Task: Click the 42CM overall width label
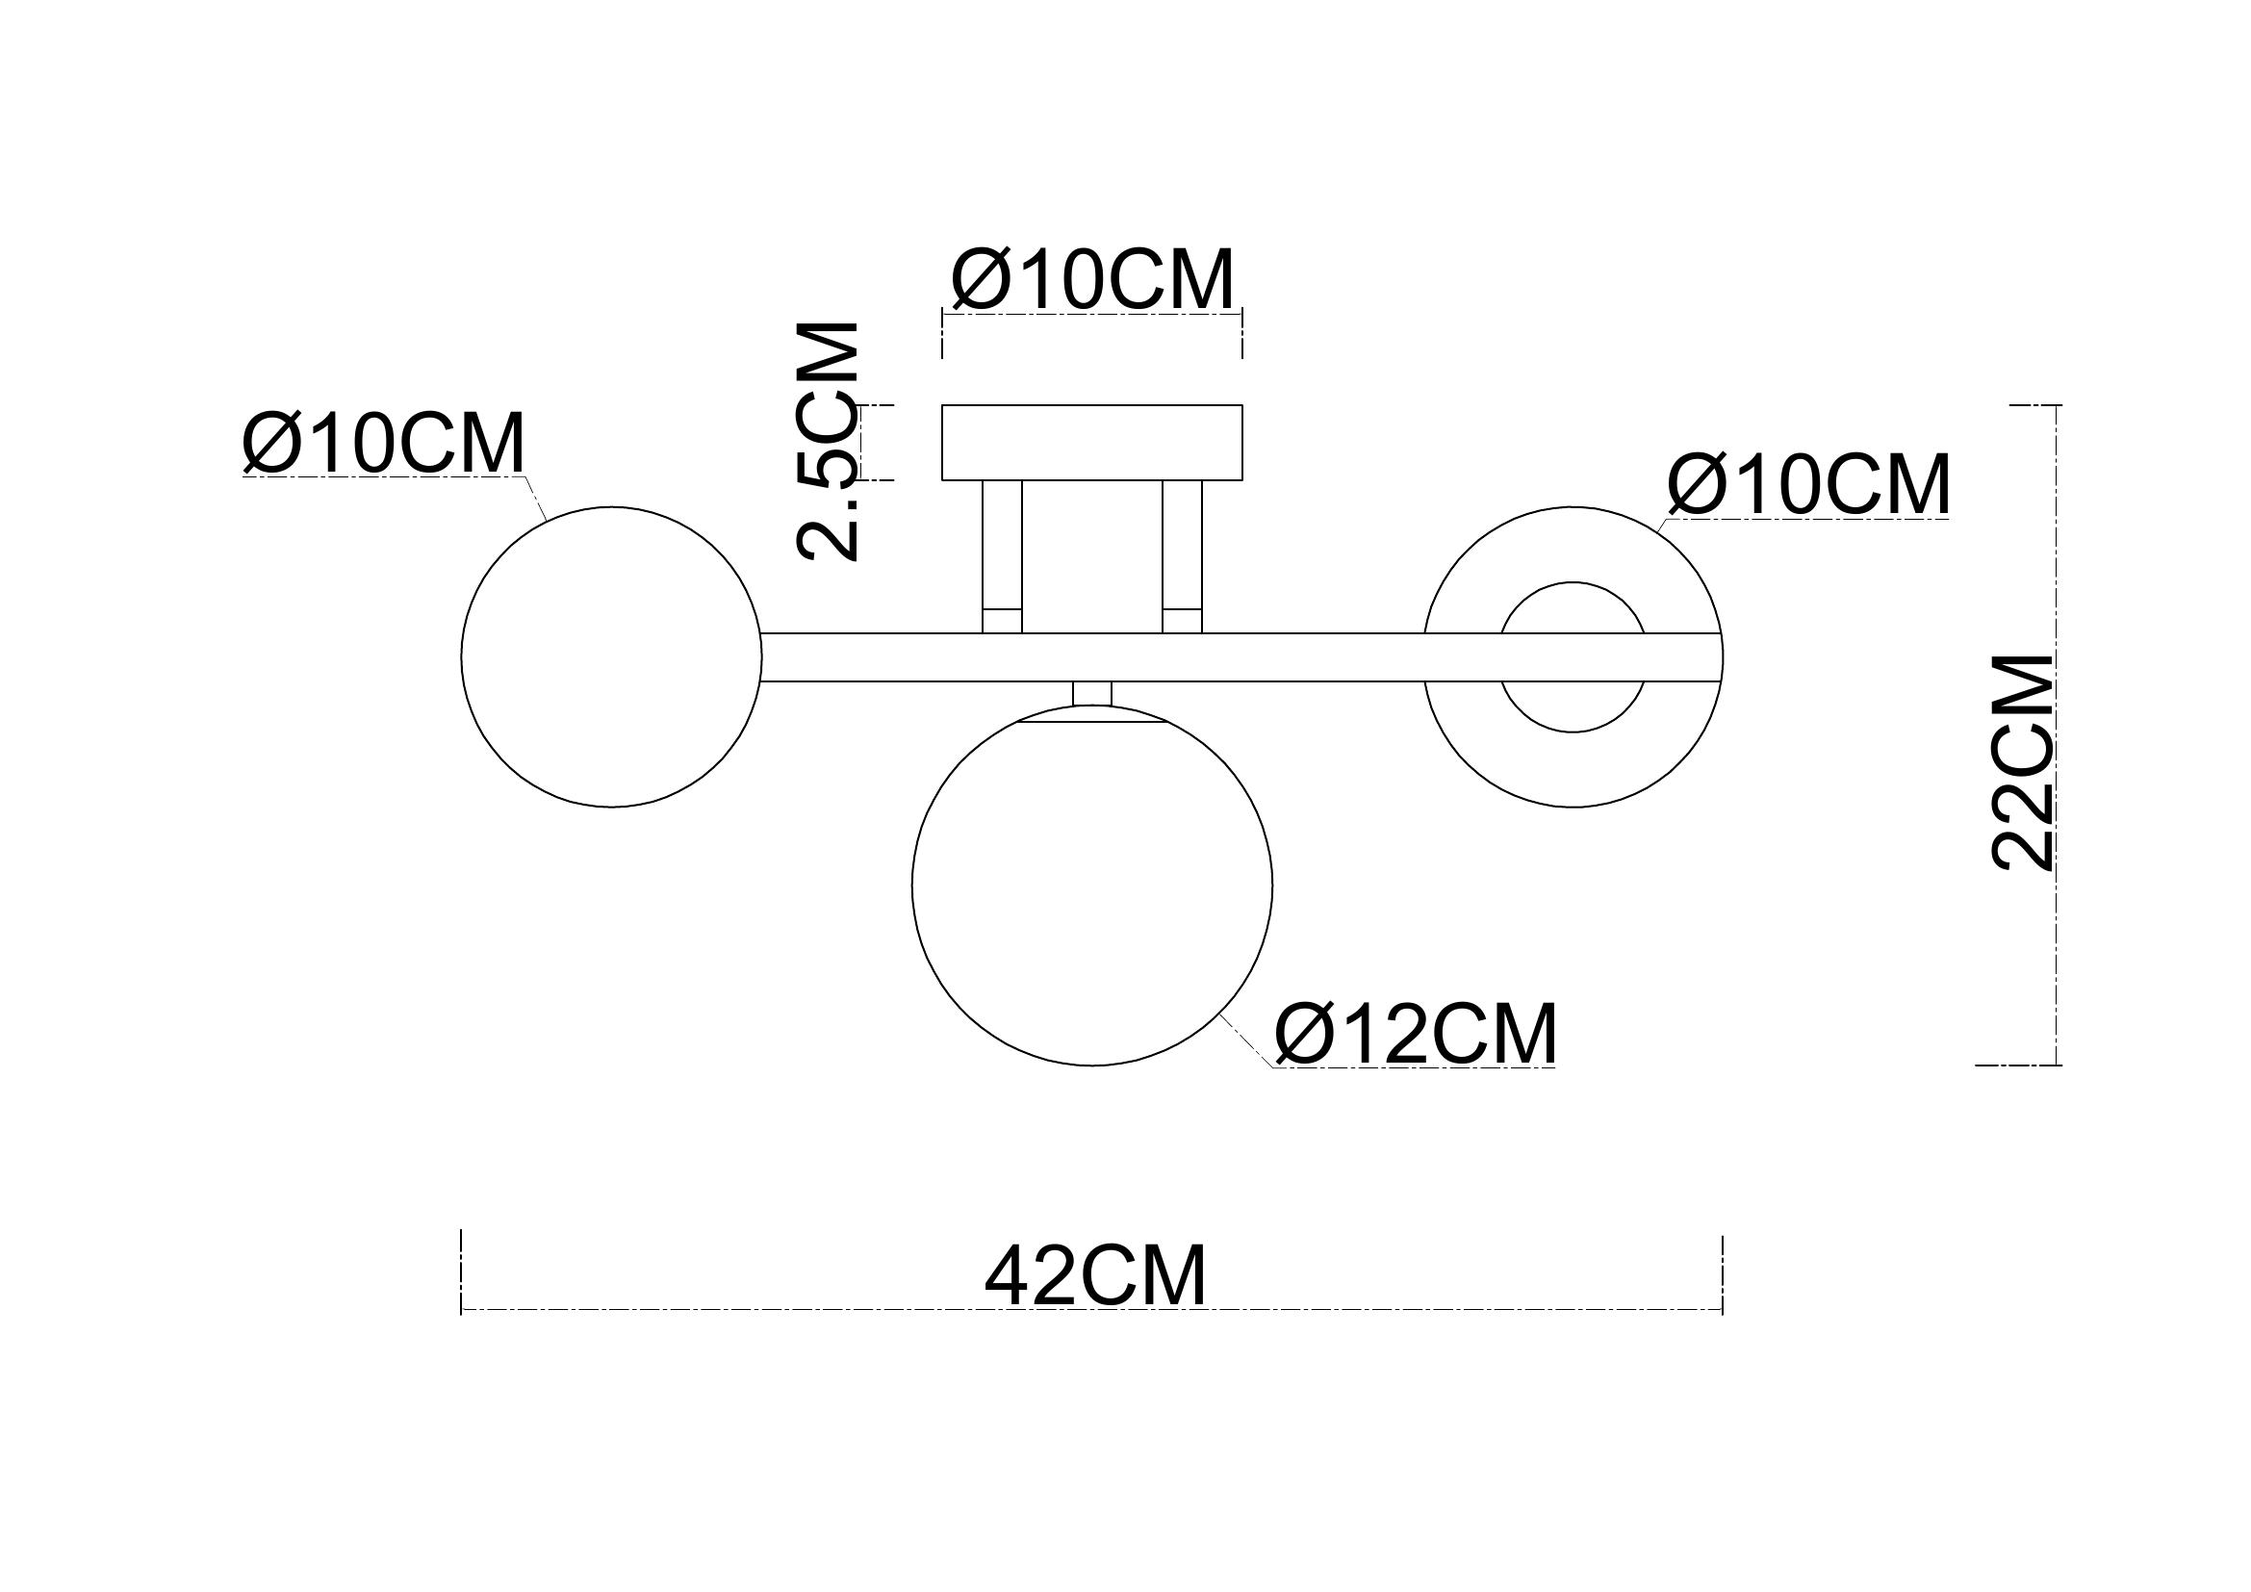click(1095, 1277)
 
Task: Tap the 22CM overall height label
click(2024, 761)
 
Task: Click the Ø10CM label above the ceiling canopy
click(1092, 280)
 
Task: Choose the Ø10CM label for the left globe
click(384, 443)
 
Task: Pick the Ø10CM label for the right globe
click(1809, 485)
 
